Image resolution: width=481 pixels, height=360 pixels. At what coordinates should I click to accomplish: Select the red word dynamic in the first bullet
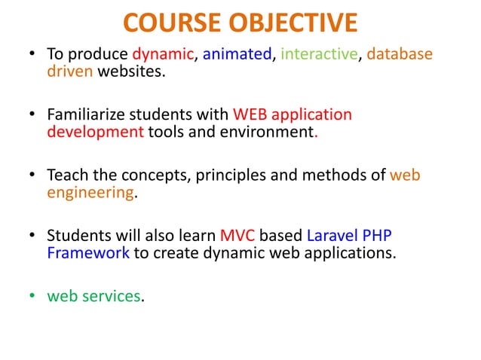pyautogui.click(x=164, y=55)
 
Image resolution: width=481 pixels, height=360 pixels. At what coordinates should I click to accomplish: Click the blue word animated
pyautogui.click(x=234, y=55)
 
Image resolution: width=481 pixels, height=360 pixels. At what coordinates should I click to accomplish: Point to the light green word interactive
pyautogui.click(x=313, y=55)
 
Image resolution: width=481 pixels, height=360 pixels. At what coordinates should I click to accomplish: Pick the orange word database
pyautogui.click(x=400, y=55)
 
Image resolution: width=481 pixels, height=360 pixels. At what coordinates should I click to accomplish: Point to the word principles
pyautogui.click(x=233, y=175)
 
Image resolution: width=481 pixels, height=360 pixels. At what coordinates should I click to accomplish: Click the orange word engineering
pyautogui.click(x=90, y=193)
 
